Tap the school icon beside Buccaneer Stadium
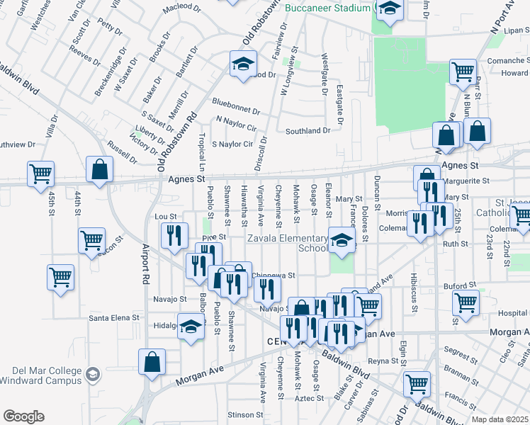(389, 9)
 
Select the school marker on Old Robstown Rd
(243, 64)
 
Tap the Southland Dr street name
(308, 131)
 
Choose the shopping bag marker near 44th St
(100, 170)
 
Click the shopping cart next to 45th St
(41, 174)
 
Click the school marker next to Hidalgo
(191, 327)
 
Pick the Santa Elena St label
(113, 318)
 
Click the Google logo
(23, 416)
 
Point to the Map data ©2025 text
(500, 419)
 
